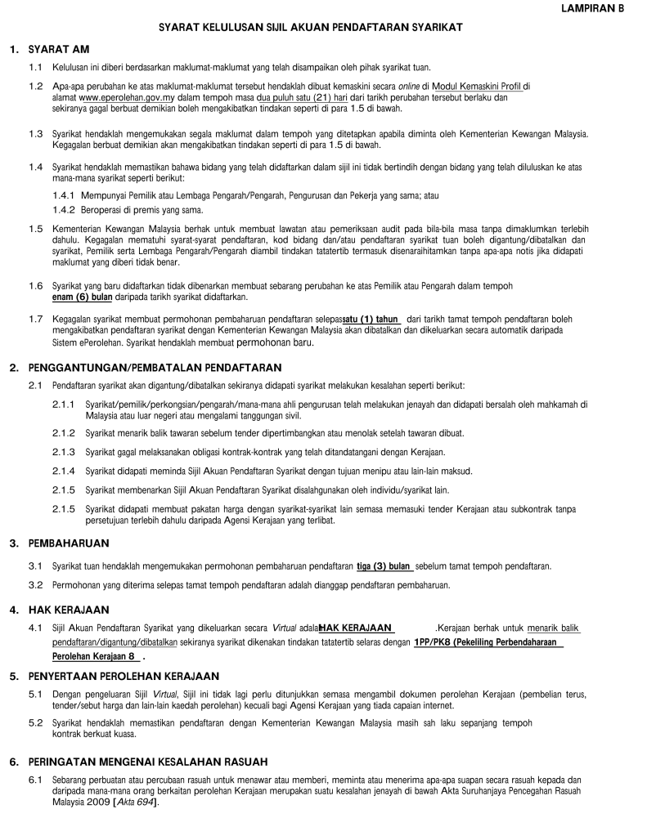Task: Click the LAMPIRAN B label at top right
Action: [x=592, y=7]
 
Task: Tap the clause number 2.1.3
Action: [x=63, y=452]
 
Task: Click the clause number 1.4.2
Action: [x=63, y=209]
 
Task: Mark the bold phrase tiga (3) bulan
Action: [x=384, y=566]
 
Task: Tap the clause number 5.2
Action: [x=35, y=723]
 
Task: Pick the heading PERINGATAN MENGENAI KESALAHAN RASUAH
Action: [x=147, y=762]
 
